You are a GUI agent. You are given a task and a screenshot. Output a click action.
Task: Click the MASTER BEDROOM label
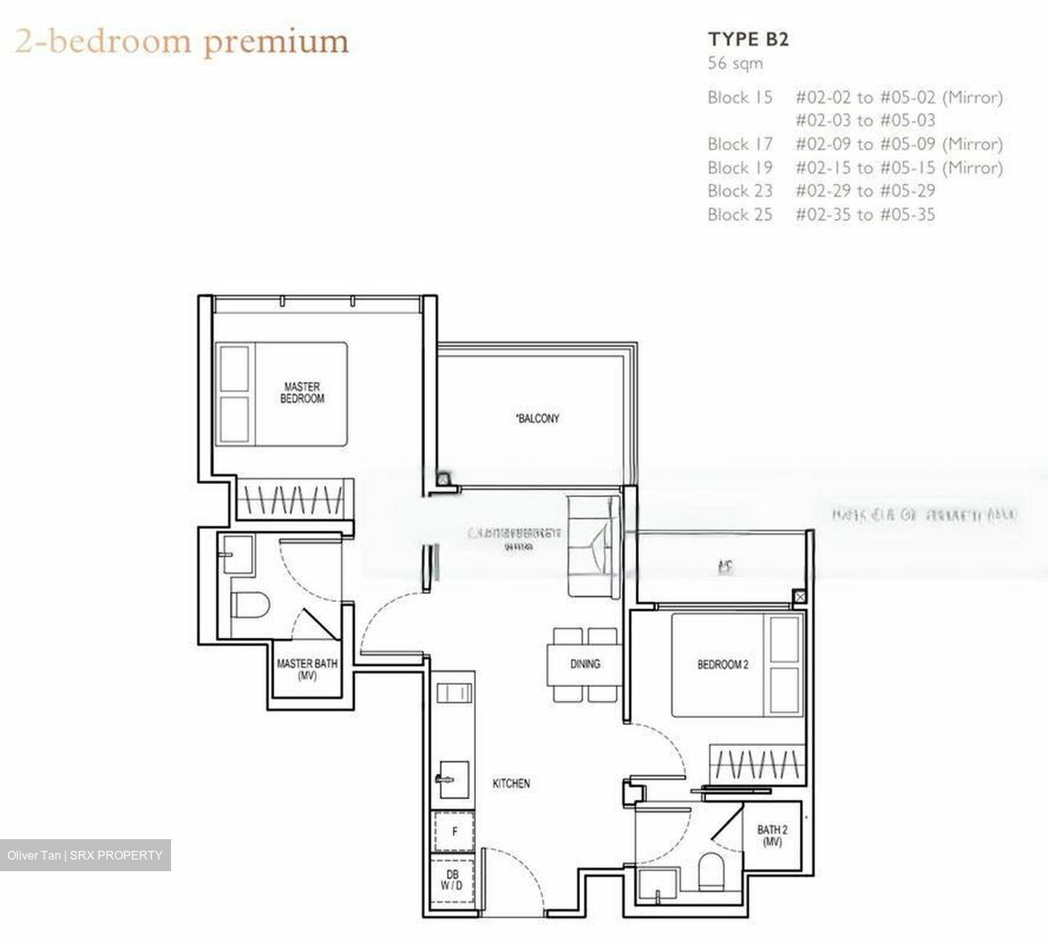[x=302, y=393]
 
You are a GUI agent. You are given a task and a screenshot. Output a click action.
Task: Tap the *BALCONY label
[x=537, y=419]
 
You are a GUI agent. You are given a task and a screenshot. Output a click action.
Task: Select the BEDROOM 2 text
[x=722, y=665]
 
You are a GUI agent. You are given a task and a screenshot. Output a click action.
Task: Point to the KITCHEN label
[x=511, y=784]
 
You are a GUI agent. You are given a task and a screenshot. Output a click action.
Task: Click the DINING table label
[x=584, y=664]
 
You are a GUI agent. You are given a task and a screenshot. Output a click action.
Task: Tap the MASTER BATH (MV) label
[x=307, y=670]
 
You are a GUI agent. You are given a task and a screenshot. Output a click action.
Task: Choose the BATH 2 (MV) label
[x=771, y=835]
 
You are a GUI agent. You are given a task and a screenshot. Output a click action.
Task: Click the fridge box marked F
[x=454, y=831]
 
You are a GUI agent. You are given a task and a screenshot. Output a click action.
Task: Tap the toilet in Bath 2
[x=710, y=871]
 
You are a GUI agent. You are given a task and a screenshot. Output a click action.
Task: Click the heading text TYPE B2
[x=748, y=39]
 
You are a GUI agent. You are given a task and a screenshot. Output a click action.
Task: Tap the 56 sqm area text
[x=735, y=63]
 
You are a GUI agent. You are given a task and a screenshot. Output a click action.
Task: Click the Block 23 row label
[x=739, y=191]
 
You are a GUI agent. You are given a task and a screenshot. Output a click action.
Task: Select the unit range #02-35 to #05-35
[x=865, y=215]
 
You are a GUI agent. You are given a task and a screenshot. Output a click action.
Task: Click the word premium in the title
[x=276, y=42]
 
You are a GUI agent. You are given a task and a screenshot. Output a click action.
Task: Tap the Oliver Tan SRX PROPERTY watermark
[x=85, y=855]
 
